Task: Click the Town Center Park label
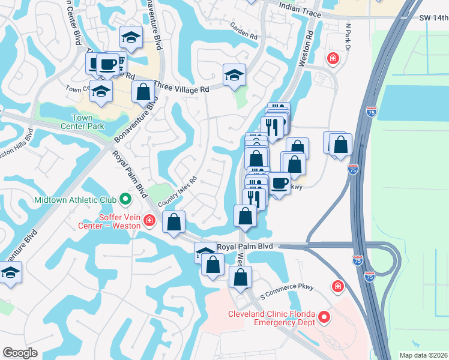pyautogui.click(x=82, y=122)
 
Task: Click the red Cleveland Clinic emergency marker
pyautogui.click(x=325, y=317)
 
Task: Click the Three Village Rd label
pyautogui.click(x=181, y=88)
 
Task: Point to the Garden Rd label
pyautogui.click(x=244, y=30)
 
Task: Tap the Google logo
pyautogui.click(x=20, y=353)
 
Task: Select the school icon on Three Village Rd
pyautogui.click(x=234, y=75)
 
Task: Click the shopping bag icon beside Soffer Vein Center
pyautogui.click(x=173, y=221)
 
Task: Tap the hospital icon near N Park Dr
pyautogui.click(x=331, y=59)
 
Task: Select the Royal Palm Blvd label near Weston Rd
pyautogui.click(x=245, y=247)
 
